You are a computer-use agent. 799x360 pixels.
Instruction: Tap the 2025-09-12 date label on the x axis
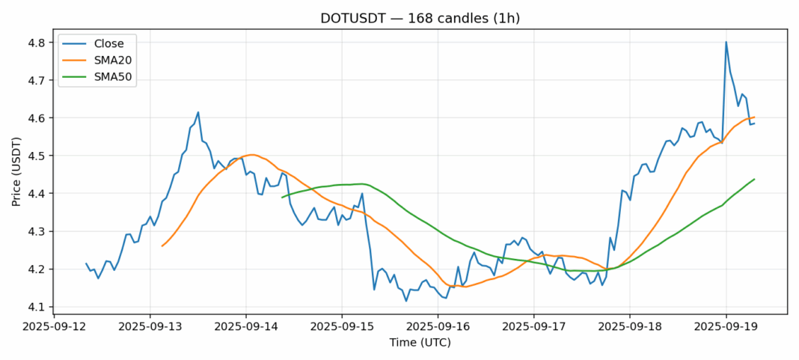point(55,326)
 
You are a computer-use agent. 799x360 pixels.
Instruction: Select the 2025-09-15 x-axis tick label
point(342,326)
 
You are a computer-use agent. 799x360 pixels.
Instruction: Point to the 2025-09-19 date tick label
point(726,326)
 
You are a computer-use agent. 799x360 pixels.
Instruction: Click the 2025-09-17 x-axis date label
point(534,326)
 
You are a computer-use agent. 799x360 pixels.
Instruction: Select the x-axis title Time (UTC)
point(420,342)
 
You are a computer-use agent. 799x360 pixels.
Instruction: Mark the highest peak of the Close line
point(726,42)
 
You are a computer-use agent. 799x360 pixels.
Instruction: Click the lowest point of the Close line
point(406,301)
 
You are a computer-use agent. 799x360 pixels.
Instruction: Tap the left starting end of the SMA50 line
point(282,198)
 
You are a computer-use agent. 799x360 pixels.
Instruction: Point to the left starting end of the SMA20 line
point(162,245)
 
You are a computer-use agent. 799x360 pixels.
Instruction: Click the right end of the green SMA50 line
point(754,179)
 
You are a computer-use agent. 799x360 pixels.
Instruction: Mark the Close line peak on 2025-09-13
point(198,112)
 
